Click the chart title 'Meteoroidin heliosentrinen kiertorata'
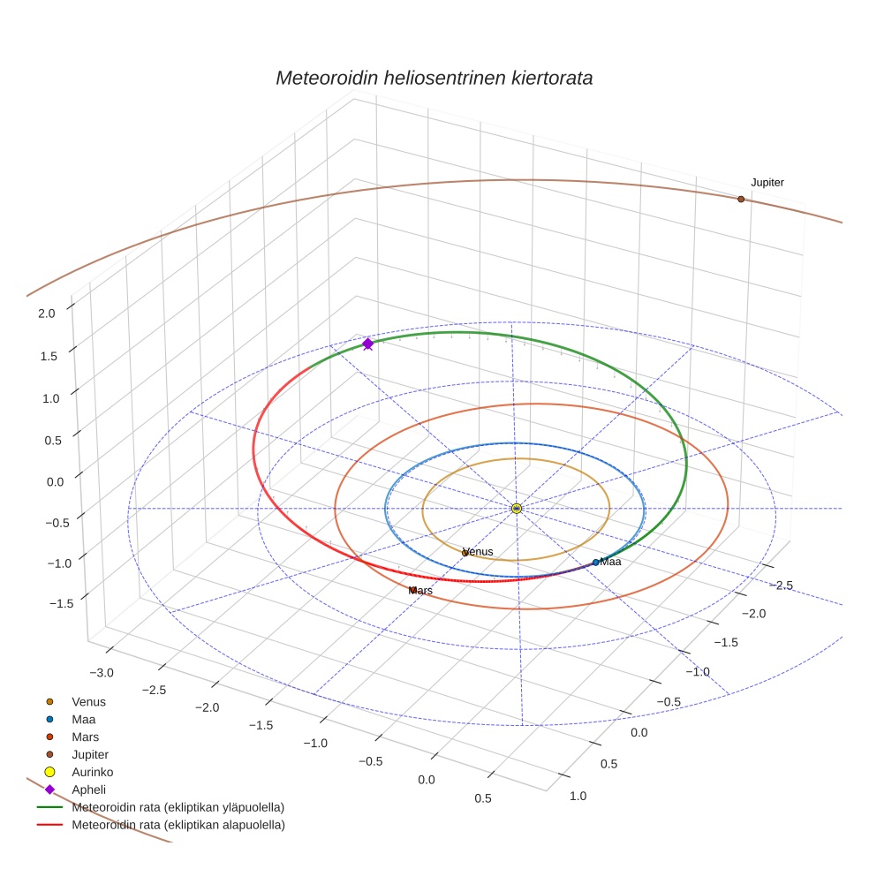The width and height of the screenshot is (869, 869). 434,78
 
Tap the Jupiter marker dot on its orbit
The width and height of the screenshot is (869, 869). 741,200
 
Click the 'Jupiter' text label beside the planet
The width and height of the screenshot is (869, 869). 767,183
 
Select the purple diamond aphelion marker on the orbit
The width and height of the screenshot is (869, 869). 368,344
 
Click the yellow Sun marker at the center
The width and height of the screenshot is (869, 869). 517,509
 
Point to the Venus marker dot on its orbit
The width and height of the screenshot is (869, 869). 465,553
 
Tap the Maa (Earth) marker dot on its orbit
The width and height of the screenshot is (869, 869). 596,562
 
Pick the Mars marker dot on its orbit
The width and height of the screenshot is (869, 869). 412,590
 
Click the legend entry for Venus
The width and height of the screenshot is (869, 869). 88,701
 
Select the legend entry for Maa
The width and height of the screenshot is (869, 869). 84,719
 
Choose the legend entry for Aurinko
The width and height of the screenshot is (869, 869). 93,772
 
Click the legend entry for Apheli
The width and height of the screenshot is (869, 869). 88,790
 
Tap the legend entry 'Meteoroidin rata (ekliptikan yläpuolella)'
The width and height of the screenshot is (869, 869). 178,807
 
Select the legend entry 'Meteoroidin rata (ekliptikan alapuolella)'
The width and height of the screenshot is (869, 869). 178,825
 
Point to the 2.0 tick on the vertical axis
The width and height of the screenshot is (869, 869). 47,313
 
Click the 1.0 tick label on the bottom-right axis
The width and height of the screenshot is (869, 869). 578,796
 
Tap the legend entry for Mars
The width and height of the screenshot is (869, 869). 85,737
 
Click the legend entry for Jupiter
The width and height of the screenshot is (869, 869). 89,754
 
